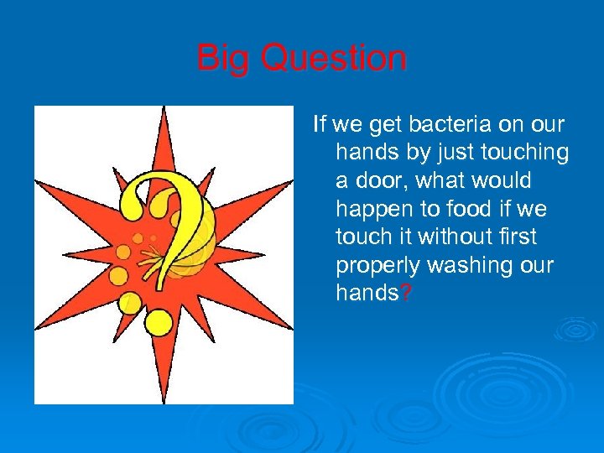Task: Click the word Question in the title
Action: [334, 59]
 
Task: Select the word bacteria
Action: [456, 125]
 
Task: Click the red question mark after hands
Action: [407, 294]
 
